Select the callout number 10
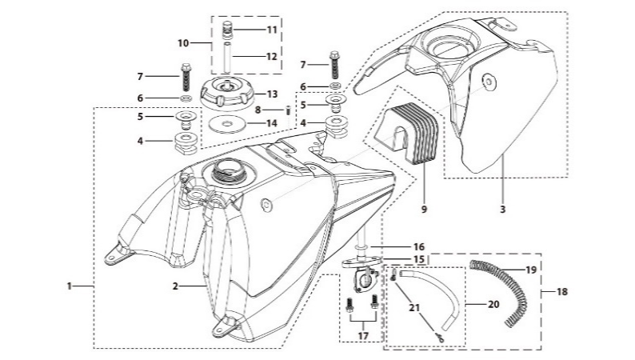pos(182,42)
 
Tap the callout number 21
pos(413,307)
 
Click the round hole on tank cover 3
pos(489,79)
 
